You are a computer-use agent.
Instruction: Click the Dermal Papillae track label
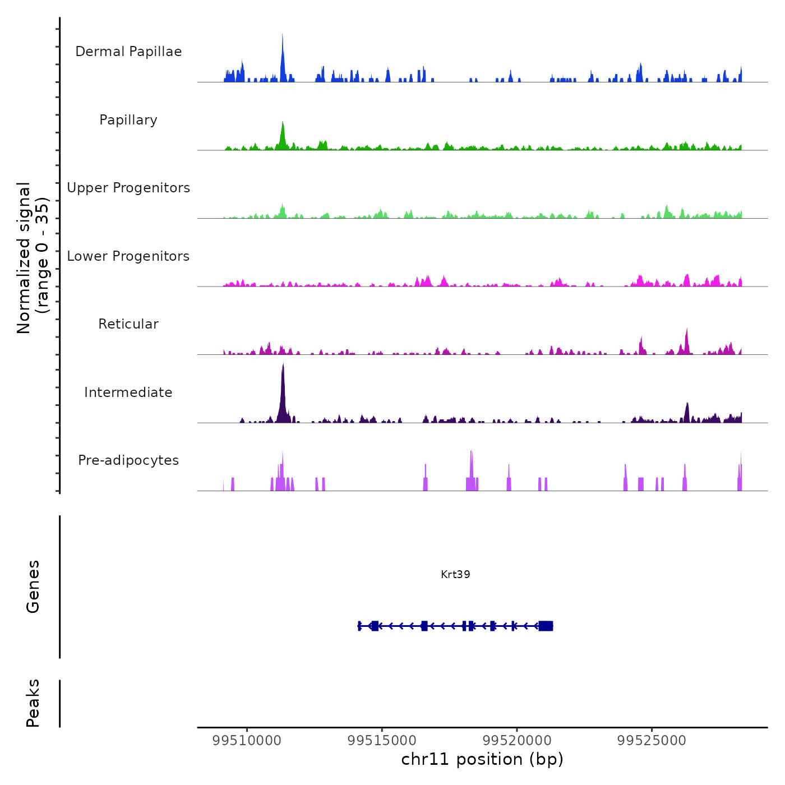(x=128, y=52)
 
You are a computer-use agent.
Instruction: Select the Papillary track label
(x=128, y=120)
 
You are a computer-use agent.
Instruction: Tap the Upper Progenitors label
(x=128, y=188)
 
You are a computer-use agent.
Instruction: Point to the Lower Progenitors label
(x=128, y=256)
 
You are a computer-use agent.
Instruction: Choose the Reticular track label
(x=128, y=324)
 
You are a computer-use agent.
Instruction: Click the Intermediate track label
(x=128, y=392)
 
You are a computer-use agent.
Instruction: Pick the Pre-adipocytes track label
(x=128, y=460)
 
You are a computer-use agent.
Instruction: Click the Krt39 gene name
(x=455, y=574)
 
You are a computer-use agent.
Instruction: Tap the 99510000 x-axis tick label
(x=247, y=741)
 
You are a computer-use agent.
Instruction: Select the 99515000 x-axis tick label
(x=382, y=741)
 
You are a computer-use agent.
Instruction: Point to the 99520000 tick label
(x=517, y=741)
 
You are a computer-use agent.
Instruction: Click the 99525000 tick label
(x=652, y=741)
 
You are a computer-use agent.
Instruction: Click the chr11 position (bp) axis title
(x=482, y=759)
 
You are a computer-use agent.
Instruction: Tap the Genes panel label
(x=33, y=587)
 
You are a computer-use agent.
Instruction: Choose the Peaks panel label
(x=33, y=703)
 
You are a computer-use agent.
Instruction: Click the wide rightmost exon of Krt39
(x=546, y=626)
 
